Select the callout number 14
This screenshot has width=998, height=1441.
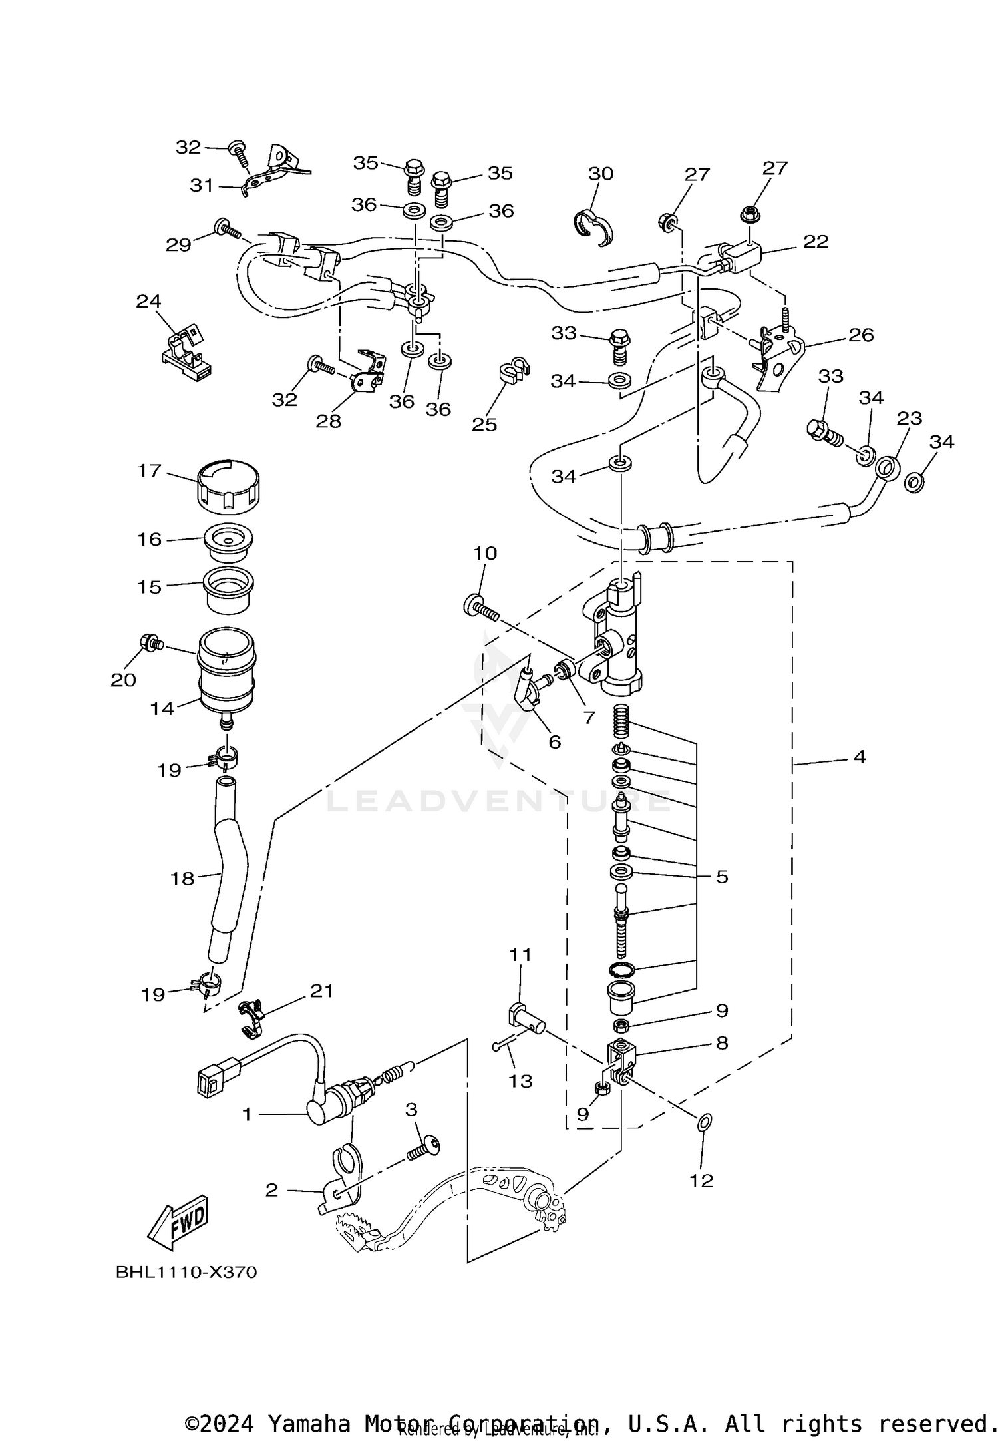(x=162, y=708)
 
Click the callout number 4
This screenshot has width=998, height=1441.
(x=860, y=757)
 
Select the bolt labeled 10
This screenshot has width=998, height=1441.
(x=480, y=608)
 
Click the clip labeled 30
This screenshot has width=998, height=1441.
(x=593, y=227)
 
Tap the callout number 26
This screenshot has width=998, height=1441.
(x=861, y=335)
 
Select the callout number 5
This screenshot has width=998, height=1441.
(x=722, y=877)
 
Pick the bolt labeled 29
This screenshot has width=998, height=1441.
(x=227, y=230)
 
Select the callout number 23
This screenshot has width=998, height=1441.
(x=909, y=418)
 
